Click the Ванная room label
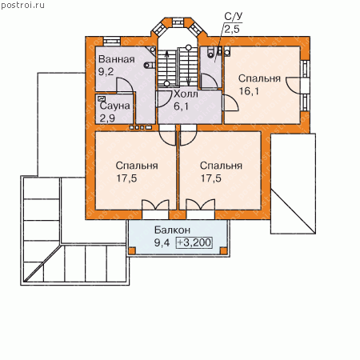pyautogui.click(x=117, y=59)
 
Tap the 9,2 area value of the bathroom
pyautogui.click(x=106, y=71)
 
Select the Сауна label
pyautogui.click(x=115, y=106)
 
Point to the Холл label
pyautogui.click(x=186, y=94)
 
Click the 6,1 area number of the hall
pyautogui.click(x=181, y=106)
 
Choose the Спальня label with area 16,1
pyautogui.click(x=259, y=78)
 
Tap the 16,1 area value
pyautogui.click(x=249, y=91)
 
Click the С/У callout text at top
pyautogui.click(x=234, y=16)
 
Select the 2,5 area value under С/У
pyautogui.click(x=232, y=29)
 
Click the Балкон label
pyautogui.click(x=172, y=230)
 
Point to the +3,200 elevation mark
pyautogui.click(x=194, y=242)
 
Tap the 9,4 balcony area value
pyautogui.click(x=162, y=242)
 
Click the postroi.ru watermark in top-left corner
pyautogui.click(x=22, y=5)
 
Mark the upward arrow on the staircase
pyautogui.click(x=167, y=66)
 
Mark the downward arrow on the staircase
pyautogui.click(x=189, y=66)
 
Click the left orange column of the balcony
pyautogui.click(x=132, y=250)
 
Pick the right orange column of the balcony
pyautogui.click(x=223, y=250)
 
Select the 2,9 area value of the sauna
pyautogui.click(x=107, y=118)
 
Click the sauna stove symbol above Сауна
pyautogui.click(x=102, y=99)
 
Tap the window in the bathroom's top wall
pyautogui.click(x=112, y=42)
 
